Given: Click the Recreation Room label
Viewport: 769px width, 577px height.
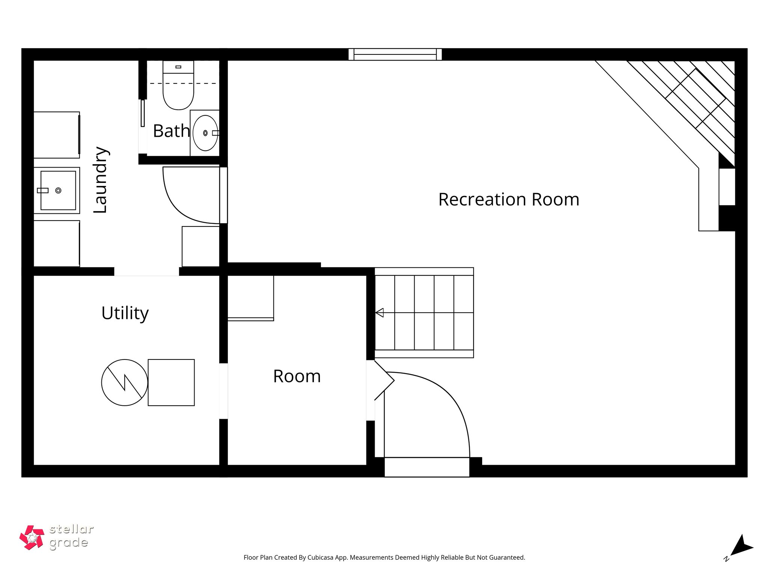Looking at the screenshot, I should tap(508, 199).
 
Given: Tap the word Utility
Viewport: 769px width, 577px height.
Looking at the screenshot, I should tap(125, 313).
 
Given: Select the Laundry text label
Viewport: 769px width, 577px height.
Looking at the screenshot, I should tap(101, 180).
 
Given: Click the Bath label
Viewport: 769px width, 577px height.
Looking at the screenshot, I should tap(171, 131).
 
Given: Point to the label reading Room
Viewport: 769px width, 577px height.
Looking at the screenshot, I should tap(297, 376).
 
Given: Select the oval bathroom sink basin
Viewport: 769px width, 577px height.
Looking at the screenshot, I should tap(205, 133).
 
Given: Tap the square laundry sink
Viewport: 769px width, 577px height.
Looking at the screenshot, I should tap(58, 190).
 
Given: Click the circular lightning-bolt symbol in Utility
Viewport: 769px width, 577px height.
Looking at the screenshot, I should tap(124, 382).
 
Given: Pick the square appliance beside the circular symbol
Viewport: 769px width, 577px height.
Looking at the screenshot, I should tap(171, 382).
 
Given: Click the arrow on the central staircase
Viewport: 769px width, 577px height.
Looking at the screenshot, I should tap(380, 313).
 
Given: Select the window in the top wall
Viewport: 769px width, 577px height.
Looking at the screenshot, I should tap(395, 54).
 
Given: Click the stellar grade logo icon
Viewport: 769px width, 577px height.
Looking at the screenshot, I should tap(32, 538).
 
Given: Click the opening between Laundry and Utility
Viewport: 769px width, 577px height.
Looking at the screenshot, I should tap(146, 271).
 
